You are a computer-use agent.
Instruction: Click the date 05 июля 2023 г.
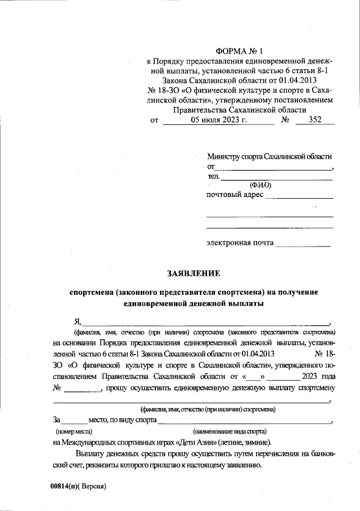click(x=219, y=120)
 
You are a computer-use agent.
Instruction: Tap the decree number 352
click(x=316, y=120)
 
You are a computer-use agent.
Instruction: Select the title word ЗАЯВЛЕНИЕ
click(x=193, y=274)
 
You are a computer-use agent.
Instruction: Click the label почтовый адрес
click(x=235, y=195)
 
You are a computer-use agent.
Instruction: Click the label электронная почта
click(x=240, y=243)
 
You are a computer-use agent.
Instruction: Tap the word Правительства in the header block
click(x=201, y=110)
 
